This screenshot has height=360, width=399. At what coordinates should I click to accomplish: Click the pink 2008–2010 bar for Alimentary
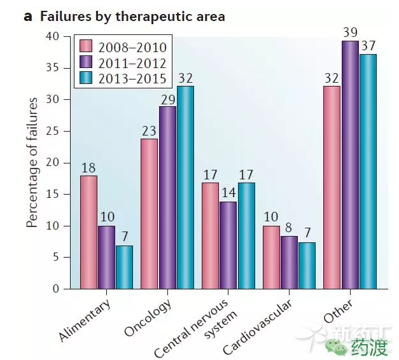88,232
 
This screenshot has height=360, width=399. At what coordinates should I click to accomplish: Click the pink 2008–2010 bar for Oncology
149,214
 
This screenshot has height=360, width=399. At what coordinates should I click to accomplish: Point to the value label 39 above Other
349,31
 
